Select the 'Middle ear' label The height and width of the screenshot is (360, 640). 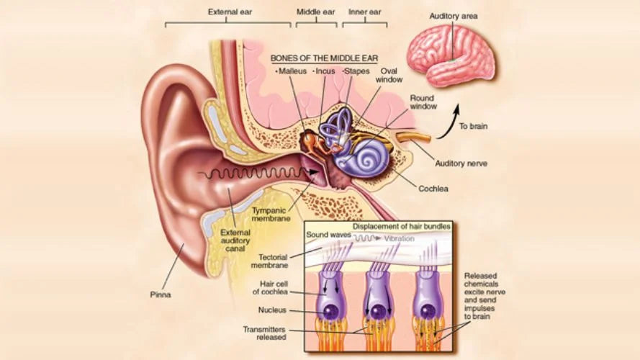(315, 12)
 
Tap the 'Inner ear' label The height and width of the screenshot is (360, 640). (364, 12)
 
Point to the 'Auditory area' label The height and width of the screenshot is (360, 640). (454, 16)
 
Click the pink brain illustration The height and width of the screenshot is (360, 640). (451, 55)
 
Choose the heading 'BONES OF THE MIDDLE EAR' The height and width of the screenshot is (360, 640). (324, 58)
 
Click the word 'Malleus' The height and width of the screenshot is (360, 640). (292, 71)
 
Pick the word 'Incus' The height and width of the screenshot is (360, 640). (325, 71)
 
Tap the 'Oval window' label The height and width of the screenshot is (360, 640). (393, 76)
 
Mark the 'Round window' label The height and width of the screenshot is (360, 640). (423, 102)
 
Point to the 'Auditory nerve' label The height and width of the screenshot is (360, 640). (461, 163)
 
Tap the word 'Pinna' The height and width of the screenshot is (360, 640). (161, 294)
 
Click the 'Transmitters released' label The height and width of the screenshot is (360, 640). (265, 333)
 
